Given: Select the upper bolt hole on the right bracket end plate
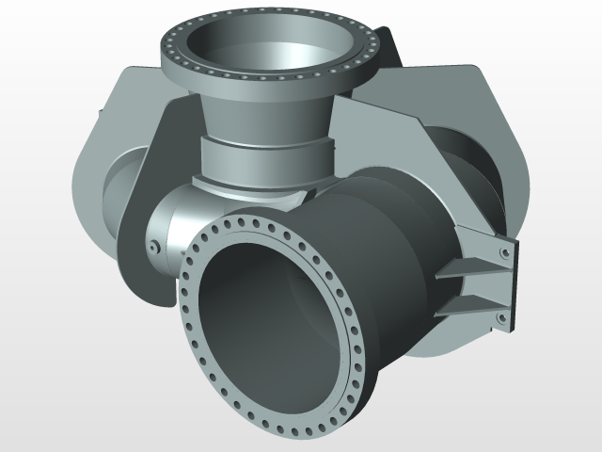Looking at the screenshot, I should click(x=505, y=253).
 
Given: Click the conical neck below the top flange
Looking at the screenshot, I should click(x=268, y=113).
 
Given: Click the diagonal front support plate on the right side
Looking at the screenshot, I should click(x=395, y=141).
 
